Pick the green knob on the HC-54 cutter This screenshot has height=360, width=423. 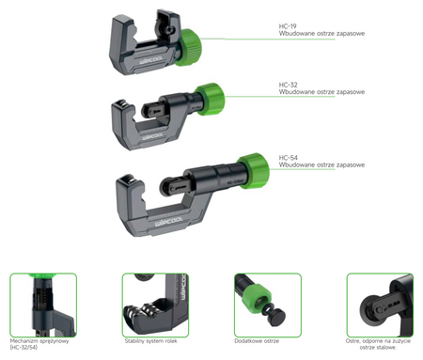tap(252, 169)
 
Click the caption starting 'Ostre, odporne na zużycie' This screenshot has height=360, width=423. tap(379, 344)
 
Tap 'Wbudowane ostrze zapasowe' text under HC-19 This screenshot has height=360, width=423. tap(321, 34)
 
